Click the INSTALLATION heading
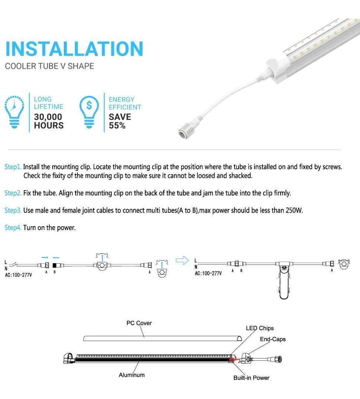click(x=74, y=49)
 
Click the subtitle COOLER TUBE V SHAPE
click(x=49, y=66)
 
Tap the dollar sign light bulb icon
click(x=89, y=111)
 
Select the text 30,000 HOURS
click(x=48, y=121)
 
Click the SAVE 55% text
click(x=120, y=121)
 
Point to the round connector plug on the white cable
click(x=184, y=133)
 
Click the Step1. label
click(x=13, y=167)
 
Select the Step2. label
click(x=13, y=193)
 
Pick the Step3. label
click(x=13, y=211)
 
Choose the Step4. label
click(x=13, y=228)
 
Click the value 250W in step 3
click(x=294, y=211)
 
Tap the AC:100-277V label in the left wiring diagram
click(x=19, y=275)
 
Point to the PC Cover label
click(x=139, y=323)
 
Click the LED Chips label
click(x=259, y=328)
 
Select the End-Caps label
click(x=273, y=339)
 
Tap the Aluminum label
click(x=131, y=375)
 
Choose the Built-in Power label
click(x=251, y=378)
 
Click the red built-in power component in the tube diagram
click(x=233, y=358)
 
